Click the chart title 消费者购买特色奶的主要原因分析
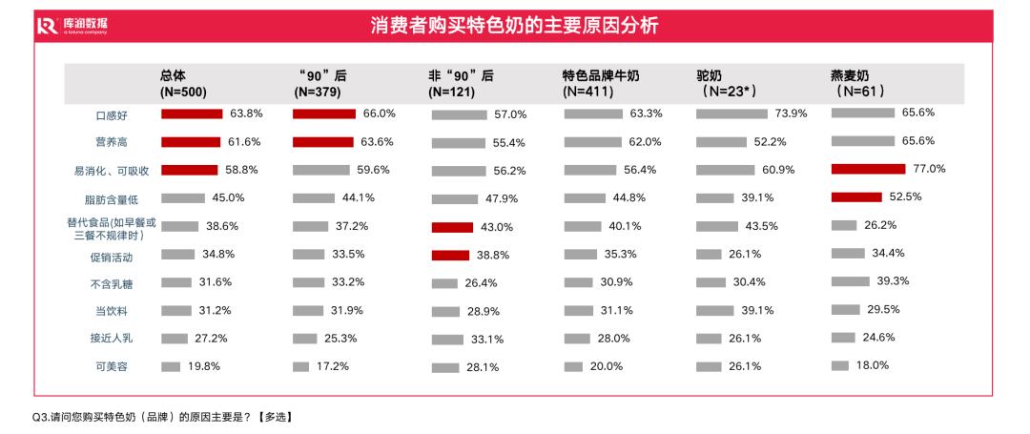pyautogui.click(x=514, y=26)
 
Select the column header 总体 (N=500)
pyautogui.click(x=183, y=84)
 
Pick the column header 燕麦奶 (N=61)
pyautogui.click(x=860, y=84)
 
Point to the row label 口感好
pyautogui.click(x=112, y=115)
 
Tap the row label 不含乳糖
pyautogui.click(x=112, y=283)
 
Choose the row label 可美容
pyautogui.click(x=112, y=367)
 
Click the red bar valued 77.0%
pyautogui.click(x=868, y=169)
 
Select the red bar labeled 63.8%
pyautogui.click(x=192, y=114)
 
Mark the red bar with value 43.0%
pyautogui.click(x=452, y=227)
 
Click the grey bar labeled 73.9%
pyautogui.click(x=731, y=114)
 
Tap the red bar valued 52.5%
pyautogui.click(x=855, y=197)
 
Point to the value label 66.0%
pyautogui.click(x=379, y=114)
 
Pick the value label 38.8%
pyautogui.click(x=494, y=255)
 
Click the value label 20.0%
pyautogui.click(x=607, y=366)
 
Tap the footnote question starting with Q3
pyautogui.click(x=162, y=416)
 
